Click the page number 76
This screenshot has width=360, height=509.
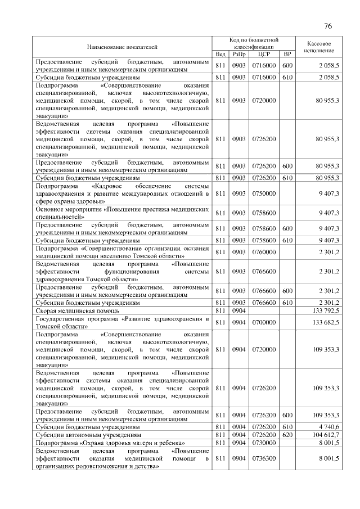pyautogui.click(x=328, y=26)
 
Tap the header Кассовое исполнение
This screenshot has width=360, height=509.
pyautogui.click(x=319, y=47)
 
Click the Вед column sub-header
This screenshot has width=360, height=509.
pyautogui.click(x=220, y=54)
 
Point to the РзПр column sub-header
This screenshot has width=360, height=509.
pyautogui.click(x=239, y=54)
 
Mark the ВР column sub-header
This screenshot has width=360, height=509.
pyautogui.click(x=287, y=54)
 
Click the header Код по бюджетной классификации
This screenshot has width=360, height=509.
pyautogui.click(x=254, y=43)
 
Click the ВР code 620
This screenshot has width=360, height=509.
pyautogui.click(x=287, y=435)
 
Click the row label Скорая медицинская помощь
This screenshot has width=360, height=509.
pyautogui.click(x=77, y=310)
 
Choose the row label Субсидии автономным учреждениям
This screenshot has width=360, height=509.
pyautogui.click(x=88, y=435)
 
